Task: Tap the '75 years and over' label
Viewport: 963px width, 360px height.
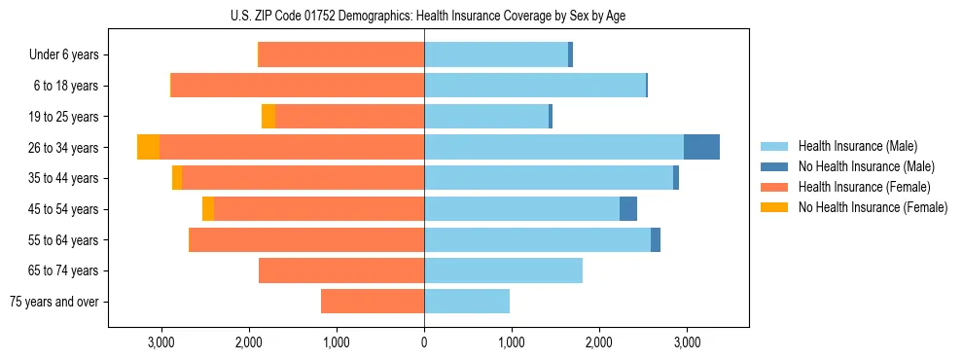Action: (x=54, y=302)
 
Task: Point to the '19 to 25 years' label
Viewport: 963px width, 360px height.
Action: (x=65, y=117)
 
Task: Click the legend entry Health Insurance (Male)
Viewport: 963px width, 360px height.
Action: (x=857, y=146)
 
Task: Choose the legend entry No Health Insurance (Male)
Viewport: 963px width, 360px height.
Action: (x=866, y=166)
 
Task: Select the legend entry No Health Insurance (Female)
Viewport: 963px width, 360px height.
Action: (x=873, y=207)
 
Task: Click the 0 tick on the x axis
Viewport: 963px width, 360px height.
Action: (x=424, y=342)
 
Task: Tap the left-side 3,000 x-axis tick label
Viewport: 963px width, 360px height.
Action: (x=160, y=342)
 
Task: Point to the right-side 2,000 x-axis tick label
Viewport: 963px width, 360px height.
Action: (x=599, y=342)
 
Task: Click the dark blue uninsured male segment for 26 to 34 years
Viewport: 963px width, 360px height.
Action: (x=701, y=147)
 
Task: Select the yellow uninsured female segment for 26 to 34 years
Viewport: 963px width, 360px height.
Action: (x=148, y=147)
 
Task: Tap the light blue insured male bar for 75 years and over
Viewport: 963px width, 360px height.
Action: (x=467, y=302)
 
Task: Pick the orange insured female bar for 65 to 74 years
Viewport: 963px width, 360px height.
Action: (x=341, y=270)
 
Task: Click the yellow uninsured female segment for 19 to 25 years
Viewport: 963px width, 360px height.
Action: (x=268, y=117)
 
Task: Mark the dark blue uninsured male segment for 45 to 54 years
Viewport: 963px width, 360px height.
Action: (x=628, y=209)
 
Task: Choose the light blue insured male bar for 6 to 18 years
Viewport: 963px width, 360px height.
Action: (x=535, y=86)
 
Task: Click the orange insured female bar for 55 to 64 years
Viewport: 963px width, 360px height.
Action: (x=306, y=239)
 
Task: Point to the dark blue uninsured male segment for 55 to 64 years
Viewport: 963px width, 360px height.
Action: (x=656, y=239)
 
